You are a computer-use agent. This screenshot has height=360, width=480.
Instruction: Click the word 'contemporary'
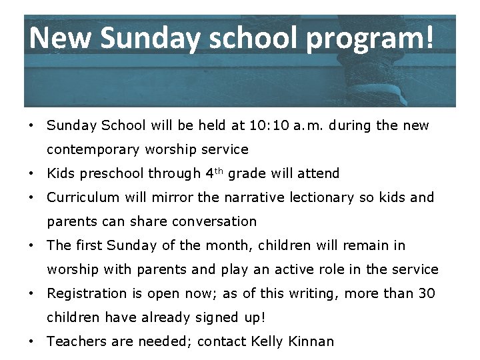[91, 149]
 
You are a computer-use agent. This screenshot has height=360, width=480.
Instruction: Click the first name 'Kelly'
[267, 342]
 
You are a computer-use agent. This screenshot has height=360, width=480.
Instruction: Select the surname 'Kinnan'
[311, 341]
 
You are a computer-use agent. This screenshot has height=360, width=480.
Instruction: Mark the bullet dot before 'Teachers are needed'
[31, 341]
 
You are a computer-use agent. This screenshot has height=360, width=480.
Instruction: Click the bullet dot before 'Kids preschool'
[31, 173]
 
